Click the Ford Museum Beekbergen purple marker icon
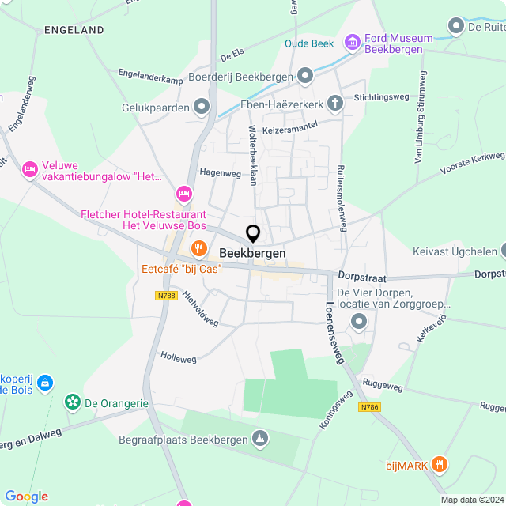coord(353,40)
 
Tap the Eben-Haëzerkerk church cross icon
coord(336,103)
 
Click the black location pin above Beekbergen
coord(253,234)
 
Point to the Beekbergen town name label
coord(252,253)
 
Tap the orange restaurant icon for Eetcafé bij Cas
coord(197,251)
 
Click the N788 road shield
coord(165,295)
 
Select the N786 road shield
coord(368,407)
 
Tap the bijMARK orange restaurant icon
coord(440,465)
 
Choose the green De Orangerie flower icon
coord(73,402)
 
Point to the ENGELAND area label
coord(74,30)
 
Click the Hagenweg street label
coord(221,172)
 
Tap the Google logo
coord(26,497)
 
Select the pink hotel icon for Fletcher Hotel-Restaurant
coord(184,194)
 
